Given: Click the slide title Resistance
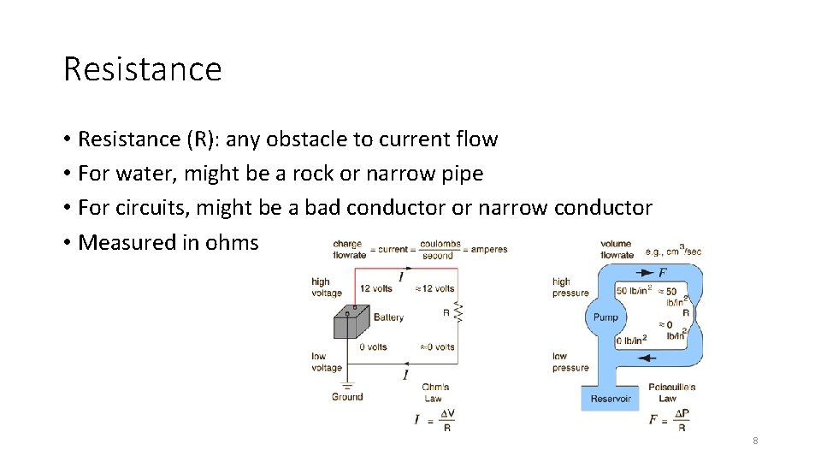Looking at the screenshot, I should coord(142,68).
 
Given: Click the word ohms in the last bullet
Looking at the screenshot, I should coord(232,242).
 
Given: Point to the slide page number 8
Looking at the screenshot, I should coord(755,441).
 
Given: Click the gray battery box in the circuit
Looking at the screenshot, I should coord(351,323).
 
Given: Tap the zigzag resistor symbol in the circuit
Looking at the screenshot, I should coord(458,313).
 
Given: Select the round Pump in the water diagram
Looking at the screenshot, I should coord(605,317).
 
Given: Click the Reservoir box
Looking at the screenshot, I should coord(611,399).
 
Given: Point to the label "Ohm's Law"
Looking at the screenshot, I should coord(435,393).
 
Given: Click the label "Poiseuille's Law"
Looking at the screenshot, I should coord(671,393).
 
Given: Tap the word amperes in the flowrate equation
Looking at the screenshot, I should coord(488,250).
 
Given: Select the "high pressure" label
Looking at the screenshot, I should coord(570,287).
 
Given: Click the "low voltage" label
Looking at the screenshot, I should coord(327,361).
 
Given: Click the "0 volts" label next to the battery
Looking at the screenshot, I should coord(373,346).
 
